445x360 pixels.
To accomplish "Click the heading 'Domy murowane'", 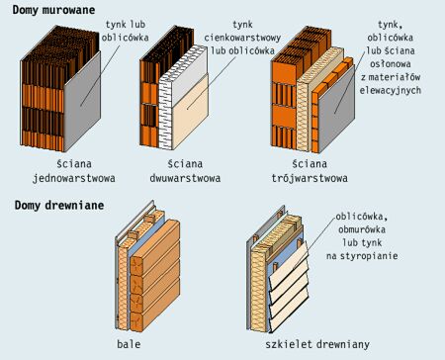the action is click(x=53, y=10).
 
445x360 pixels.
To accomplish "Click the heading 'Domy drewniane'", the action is click(x=59, y=206).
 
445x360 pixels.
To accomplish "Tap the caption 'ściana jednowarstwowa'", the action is click(x=74, y=171).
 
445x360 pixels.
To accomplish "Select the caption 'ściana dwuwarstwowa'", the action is click(x=185, y=171).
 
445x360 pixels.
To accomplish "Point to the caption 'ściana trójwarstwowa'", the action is click(x=310, y=171).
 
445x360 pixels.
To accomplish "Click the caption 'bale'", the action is click(x=129, y=344).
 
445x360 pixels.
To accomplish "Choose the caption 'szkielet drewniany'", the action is click(x=317, y=344).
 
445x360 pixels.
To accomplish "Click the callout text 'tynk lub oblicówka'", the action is click(x=126, y=31).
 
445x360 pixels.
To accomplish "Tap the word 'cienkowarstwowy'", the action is click(x=242, y=38).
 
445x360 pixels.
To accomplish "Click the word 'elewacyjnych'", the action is click(x=391, y=90).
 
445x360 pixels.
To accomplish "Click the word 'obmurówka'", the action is click(x=362, y=229).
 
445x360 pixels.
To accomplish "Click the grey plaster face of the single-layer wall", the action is click(x=82, y=102).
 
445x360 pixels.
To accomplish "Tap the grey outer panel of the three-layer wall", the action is click(x=337, y=107).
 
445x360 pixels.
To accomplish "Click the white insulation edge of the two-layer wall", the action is click(x=165, y=112).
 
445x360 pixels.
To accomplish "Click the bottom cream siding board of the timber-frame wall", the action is click(x=289, y=315).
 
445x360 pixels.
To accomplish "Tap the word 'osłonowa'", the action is click(x=391, y=64).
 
